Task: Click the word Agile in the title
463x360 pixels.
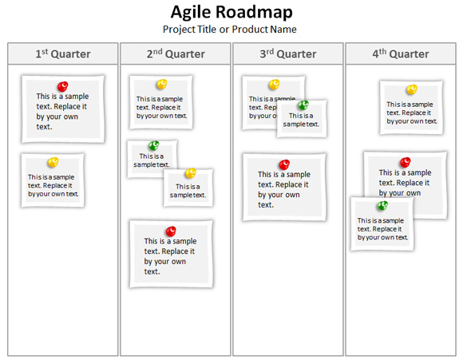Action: (x=191, y=14)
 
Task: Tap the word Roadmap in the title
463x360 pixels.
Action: (x=254, y=12)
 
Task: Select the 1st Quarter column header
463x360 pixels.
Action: (x=63, y=53)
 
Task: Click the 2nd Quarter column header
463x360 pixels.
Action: (x=176, y=53)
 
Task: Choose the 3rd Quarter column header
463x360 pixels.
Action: (x=288, y=53)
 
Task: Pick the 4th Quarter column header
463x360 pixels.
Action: (x=401, y=53)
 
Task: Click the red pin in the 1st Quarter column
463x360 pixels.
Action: (x=62, y=86)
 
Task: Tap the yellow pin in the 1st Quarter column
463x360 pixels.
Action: (x=53, y=162)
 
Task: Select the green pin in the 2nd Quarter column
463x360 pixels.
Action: (x=154, y=145)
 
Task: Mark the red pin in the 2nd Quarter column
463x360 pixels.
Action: (x=171, y=231)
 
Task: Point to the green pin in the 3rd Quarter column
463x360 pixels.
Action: (x=303, y=105)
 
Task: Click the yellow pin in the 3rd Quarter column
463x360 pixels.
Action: (x=275, y=85)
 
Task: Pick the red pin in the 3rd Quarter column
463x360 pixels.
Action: (x=284, y=164)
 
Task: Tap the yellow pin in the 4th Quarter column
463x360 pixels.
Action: (x=412, y=89)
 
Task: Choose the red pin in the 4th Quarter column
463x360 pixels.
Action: (x=406, y=162)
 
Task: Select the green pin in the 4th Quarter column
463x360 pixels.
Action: (x=382, y=206)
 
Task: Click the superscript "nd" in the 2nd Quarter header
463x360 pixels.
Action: (x=158, y=51)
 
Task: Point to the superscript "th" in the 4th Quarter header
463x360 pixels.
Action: (x=382, y=51)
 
